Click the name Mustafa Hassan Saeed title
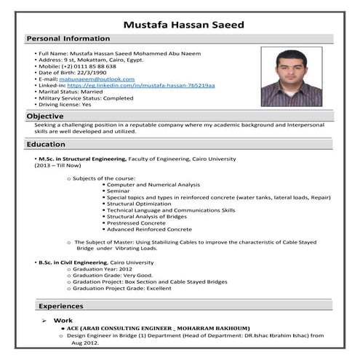183,25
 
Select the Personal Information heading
68,38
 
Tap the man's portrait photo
290,77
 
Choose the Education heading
46,145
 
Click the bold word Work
63,321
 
